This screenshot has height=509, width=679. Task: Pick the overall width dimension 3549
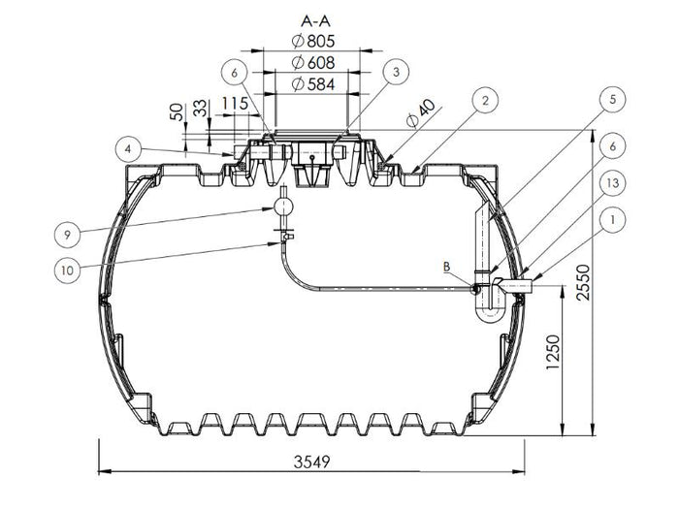click(311, 462)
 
